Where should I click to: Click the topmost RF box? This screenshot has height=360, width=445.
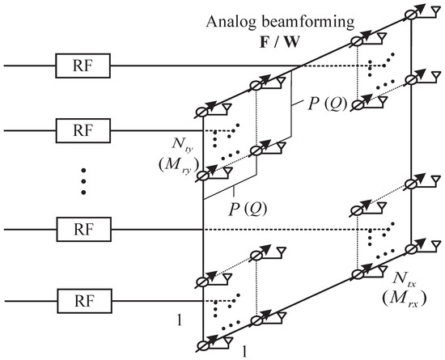click(76, 66)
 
